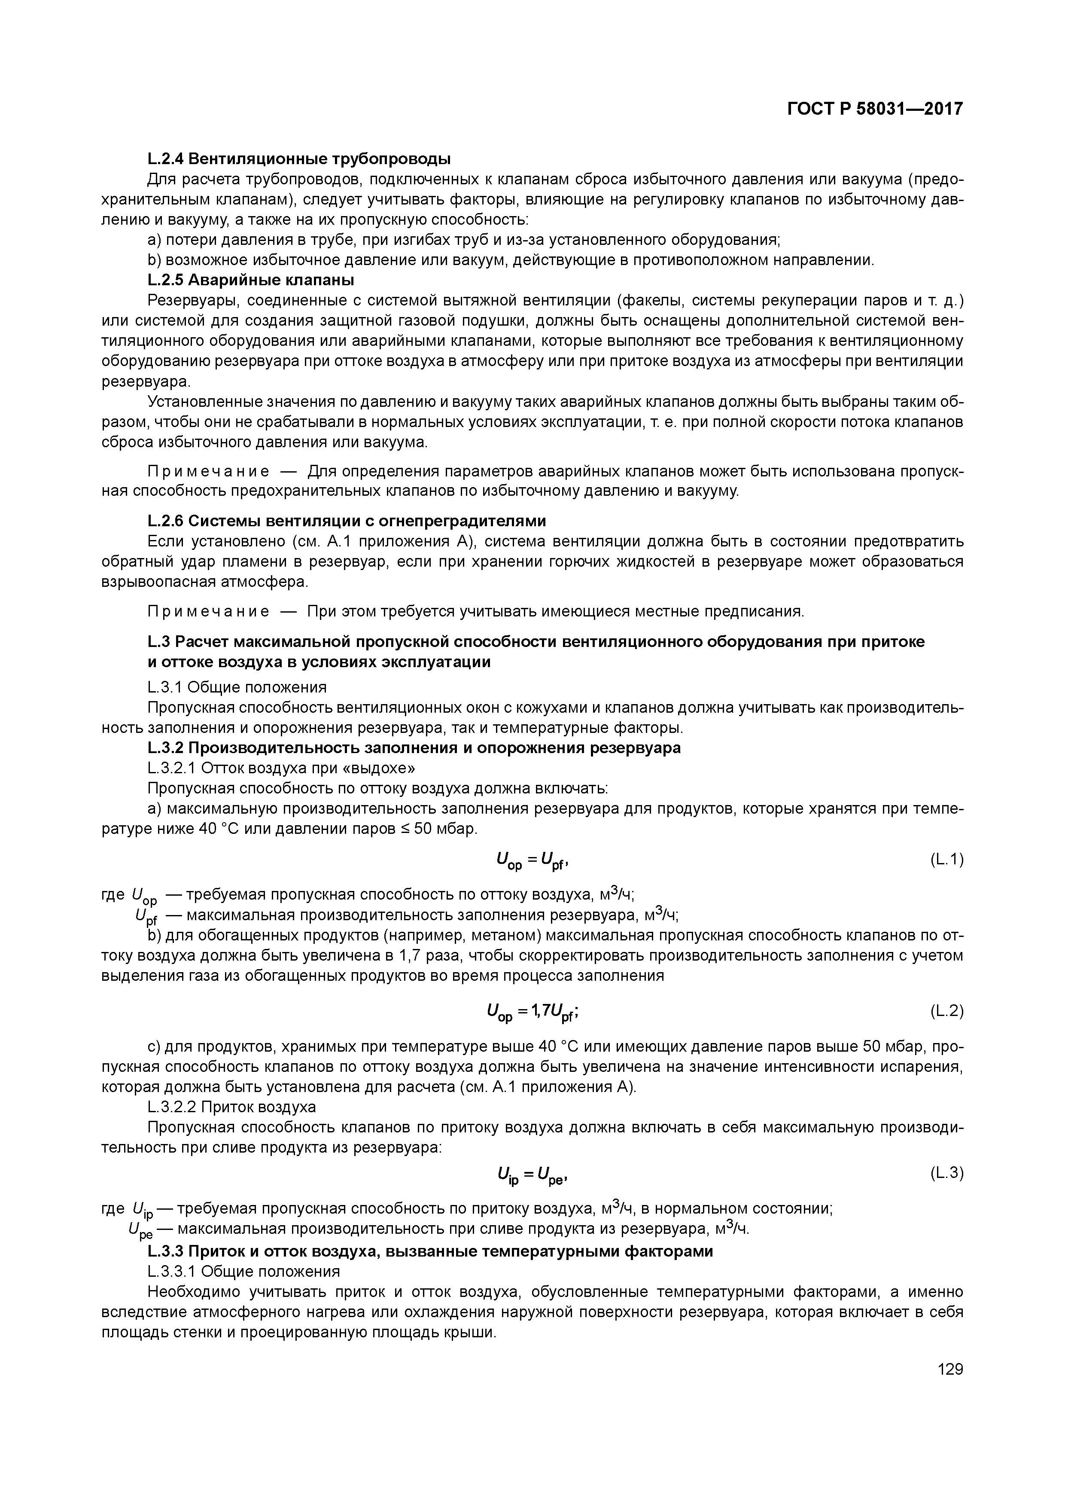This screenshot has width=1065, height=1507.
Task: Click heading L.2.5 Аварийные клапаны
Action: click(251, 280)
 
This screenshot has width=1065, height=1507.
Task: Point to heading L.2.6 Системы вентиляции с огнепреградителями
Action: click(347, 521)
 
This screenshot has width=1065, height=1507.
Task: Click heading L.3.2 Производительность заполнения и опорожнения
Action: click(414, 747)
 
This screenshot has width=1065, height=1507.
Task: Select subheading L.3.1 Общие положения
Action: click(237, 687)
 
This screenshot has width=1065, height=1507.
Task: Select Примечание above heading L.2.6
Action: click(209, 472)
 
